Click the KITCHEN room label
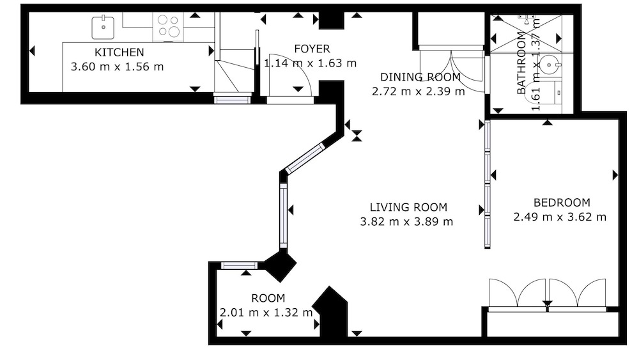click(x=119, y=52)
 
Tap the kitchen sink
click(x=103, y=27)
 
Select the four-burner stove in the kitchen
click(x=168, y=26)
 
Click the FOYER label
click(x=312, y=49)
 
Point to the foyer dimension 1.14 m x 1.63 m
click(x=310, y=63)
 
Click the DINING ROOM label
click(x=420, y=77)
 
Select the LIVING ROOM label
click(x=408, y=208)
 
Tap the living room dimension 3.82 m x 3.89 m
click(x=406, y=222)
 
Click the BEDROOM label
click(x=562, y=203)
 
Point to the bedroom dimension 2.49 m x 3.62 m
click(x=560, y=217)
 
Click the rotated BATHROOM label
click(x=521, y=63)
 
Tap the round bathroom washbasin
click(x=550, y=65)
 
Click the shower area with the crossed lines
click(x=526, y=33)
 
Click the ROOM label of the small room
click(x=268, y=299)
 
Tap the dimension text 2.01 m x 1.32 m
click(x=266, y=313)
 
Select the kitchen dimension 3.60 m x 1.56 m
click(x=117, y=67)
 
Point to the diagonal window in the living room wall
click(x=305, y=158)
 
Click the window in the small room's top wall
click(x=239, y=266)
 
